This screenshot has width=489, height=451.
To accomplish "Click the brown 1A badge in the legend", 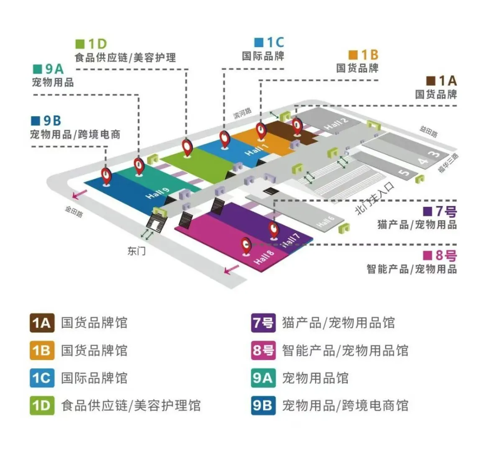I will (42, 323).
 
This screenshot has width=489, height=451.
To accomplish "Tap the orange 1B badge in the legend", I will (42, 350).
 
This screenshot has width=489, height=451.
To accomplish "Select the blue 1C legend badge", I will (42, 378).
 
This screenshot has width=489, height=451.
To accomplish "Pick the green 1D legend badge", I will (42, 405).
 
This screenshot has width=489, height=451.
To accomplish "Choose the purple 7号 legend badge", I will (263, 323).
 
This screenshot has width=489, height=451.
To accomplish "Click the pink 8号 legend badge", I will (263, 350).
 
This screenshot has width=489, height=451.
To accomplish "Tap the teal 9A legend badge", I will (263, 378).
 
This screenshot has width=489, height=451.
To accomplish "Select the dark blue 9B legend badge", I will (263, 405).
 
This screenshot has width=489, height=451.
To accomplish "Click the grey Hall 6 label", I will (325, 221).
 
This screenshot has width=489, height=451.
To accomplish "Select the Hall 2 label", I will (336, 124).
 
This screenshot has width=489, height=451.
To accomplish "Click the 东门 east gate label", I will (137, 251).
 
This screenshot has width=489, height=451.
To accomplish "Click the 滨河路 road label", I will (243, 113).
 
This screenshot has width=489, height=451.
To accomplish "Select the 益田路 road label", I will (428, 132).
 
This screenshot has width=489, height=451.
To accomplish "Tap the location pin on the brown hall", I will (297, 126).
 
